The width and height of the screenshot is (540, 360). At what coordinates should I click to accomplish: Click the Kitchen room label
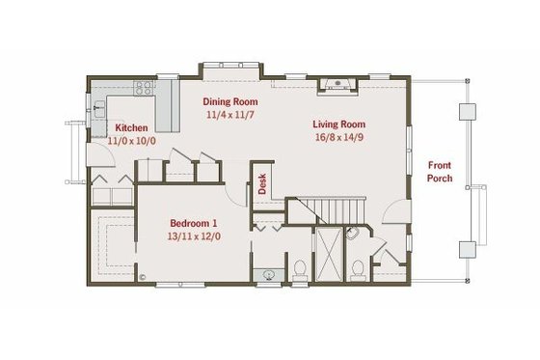click(x=130, y=127)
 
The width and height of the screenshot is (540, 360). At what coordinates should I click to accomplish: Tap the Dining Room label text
click(x=229, y=100)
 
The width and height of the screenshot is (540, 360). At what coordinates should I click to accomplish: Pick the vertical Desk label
click(x=261, y=183)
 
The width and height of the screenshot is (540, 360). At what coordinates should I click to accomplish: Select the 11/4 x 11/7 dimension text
click(x=229, y=115)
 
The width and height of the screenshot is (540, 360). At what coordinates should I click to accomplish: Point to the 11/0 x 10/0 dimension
click(x=130, y=141)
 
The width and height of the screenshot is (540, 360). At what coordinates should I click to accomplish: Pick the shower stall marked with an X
click(x=328, y=254)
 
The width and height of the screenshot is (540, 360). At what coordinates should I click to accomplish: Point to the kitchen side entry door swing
click(x=95, y=154)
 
